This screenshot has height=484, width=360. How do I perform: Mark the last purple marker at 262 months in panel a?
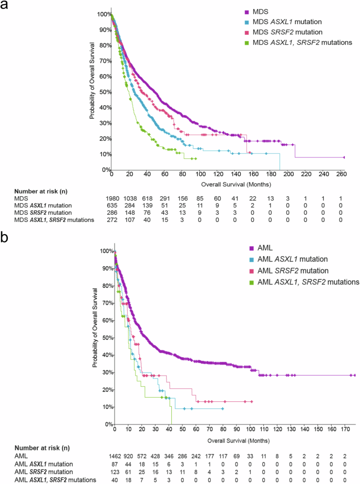pos(344,157)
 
